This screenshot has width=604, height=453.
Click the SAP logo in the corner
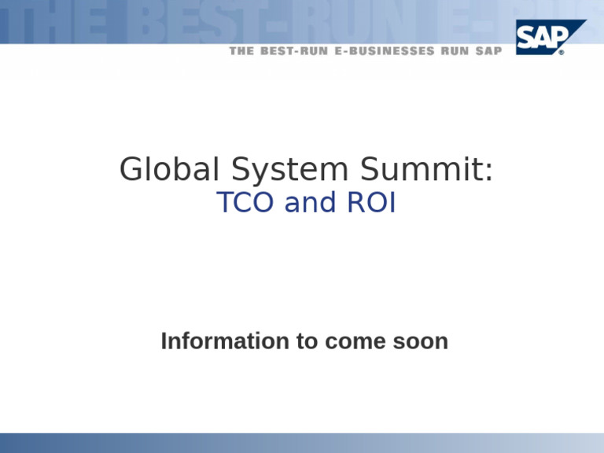tap(551, 36)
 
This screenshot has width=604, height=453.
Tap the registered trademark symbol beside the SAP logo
tap(561, 53)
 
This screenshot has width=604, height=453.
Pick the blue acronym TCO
tap(245, 203)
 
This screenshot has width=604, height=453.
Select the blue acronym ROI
tap(370, 203)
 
